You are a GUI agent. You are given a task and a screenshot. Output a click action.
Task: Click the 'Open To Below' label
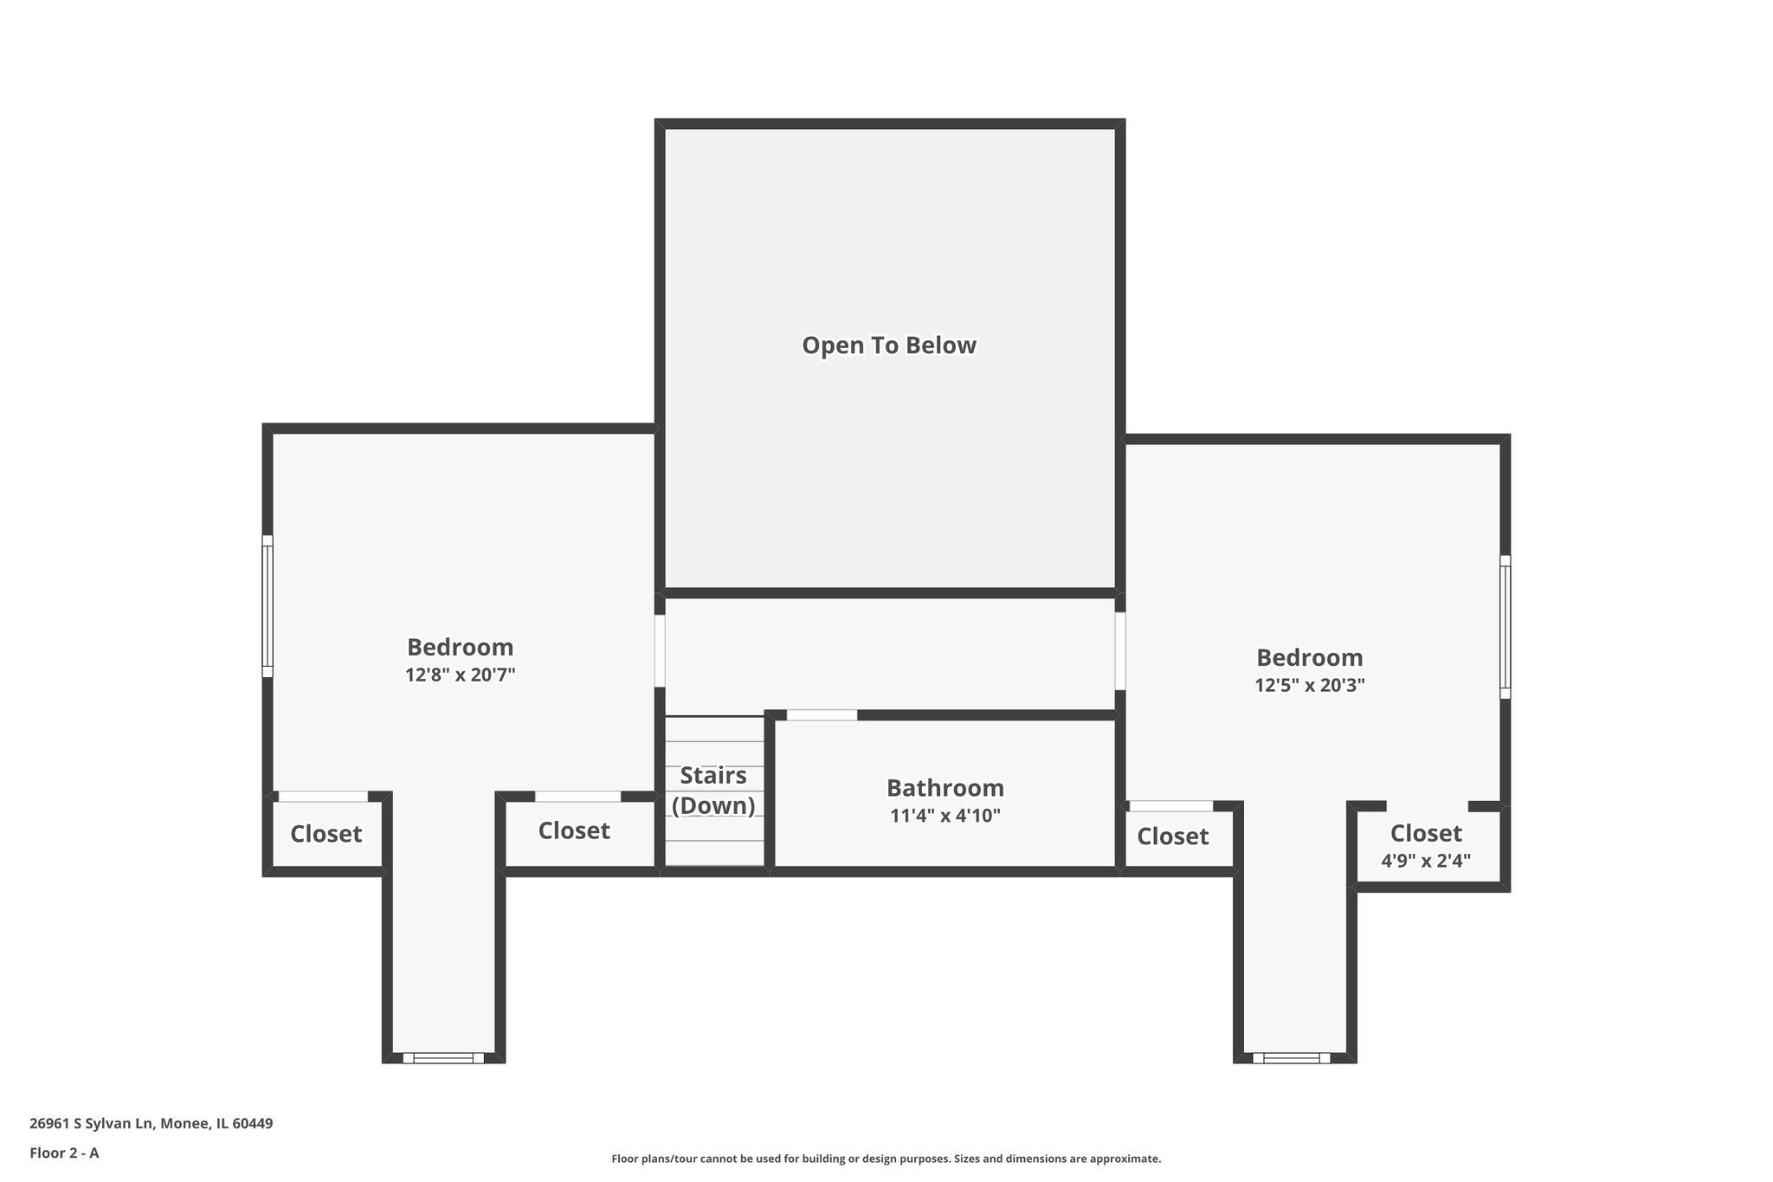coord(889,346)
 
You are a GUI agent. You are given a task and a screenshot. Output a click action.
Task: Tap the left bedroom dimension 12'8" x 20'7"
coord(461,675)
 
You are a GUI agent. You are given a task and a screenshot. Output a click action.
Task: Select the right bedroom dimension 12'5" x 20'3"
coord(1310,686)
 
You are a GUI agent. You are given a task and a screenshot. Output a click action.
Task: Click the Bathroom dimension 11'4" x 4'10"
coord(945,816)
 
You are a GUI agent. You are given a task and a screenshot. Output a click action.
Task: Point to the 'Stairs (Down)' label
coord(713,791)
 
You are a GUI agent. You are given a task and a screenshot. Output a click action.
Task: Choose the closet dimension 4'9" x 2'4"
coord(1426,862)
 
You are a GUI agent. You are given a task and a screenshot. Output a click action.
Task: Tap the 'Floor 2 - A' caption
coord(64,1153)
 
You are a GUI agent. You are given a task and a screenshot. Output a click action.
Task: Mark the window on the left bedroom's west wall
coord(268,606)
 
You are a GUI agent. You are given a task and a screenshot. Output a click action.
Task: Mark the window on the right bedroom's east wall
coord(1505,627)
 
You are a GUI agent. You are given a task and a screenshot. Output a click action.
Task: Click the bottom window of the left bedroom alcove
coord(443,1057)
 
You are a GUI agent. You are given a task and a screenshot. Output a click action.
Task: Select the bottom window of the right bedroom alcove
coord(1291,1057)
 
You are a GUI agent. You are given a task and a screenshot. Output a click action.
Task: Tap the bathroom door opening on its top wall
coord(822,715)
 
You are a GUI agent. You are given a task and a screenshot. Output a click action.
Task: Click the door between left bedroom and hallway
coord(660,650)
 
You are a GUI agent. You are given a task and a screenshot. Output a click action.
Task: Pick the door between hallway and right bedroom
coord(1119,651)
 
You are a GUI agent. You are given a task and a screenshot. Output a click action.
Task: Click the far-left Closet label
coord(326,835)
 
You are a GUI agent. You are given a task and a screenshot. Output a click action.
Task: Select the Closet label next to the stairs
coord(574,831)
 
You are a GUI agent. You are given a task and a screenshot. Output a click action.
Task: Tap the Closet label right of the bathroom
coord(1172,836)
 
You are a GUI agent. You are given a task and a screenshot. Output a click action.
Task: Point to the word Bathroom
coord(945,788)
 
